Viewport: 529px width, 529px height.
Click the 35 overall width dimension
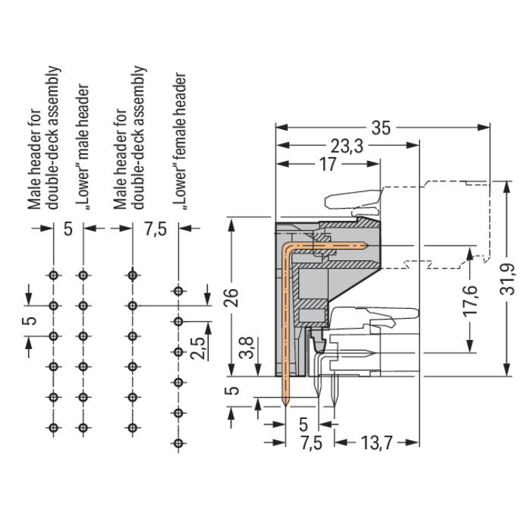[381, 128]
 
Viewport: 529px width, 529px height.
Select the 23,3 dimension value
[346, 147]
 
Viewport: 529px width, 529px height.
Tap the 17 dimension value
[327, 165]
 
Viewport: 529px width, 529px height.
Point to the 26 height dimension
[238, 296]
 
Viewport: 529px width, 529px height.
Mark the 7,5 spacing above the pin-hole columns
[156, 230]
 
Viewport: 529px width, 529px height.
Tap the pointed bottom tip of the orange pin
[286, 405]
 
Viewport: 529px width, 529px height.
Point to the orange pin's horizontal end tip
[365, 245]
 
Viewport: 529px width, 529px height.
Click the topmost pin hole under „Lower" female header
[179, 291]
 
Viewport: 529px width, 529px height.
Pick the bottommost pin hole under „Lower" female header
[179, 442]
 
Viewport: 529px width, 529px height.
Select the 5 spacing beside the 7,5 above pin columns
[68, 230]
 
